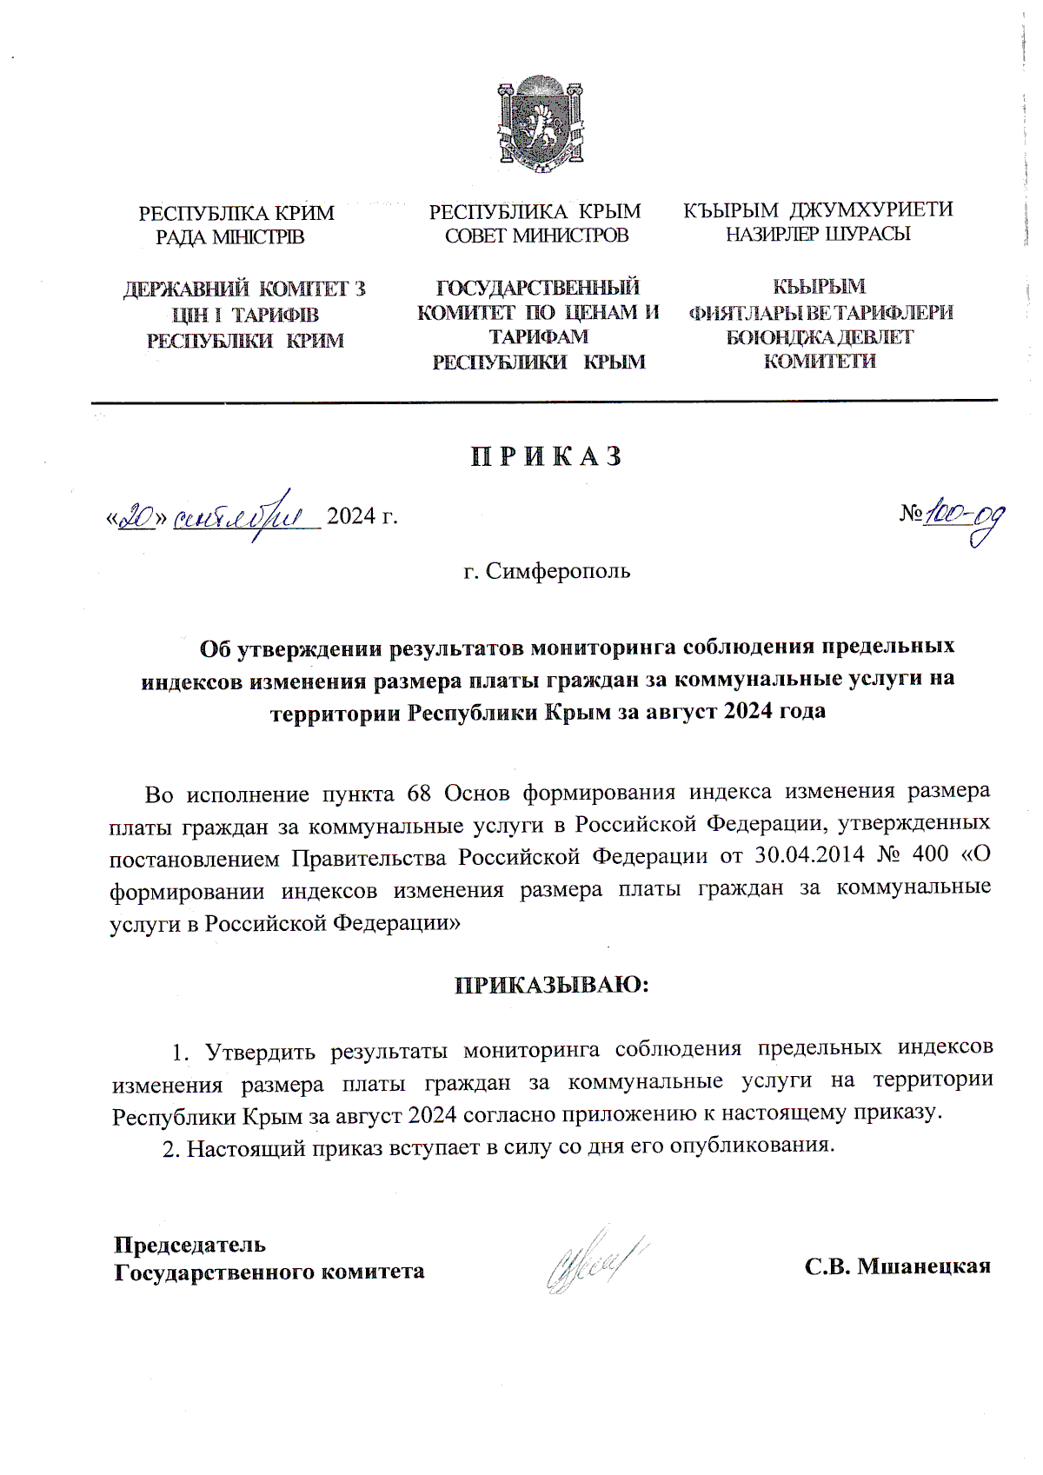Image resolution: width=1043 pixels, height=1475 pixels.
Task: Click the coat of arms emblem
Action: click(x=540, y=123)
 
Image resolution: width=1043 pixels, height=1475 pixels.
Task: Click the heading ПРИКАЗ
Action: click(x=547, y=457)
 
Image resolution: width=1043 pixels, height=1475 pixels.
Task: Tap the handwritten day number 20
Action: click(x=136, y=518)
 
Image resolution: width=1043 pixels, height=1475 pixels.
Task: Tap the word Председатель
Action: click(x=189, y=1245)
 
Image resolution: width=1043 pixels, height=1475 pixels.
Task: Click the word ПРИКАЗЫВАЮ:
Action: click(x=552, y=985)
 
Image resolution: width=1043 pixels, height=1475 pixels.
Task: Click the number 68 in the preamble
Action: click(x=419, y=794)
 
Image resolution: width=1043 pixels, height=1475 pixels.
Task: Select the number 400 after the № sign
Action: click(x=930, y=854)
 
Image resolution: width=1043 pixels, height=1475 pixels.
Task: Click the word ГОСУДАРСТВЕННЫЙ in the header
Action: click(x=537, y=288)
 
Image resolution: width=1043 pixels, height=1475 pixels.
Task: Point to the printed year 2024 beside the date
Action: click(x=350, y=516)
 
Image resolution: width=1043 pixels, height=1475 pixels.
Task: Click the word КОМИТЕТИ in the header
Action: click(x=819, y=362)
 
